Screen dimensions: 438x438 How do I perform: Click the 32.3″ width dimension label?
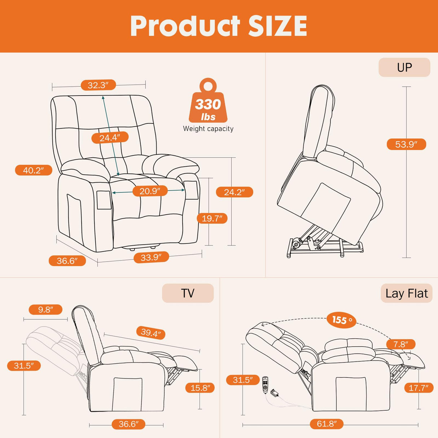click(x=98, y=85)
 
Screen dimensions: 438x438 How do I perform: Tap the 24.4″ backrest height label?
click(x=110, y=137)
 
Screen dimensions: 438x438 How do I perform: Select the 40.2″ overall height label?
click(x=34, y=170)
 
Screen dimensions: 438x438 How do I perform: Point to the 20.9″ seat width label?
click(x=149, y=191)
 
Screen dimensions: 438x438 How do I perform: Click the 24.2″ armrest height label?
click(x=234, y=192)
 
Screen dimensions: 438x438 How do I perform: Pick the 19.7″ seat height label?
click(x=212, y=218)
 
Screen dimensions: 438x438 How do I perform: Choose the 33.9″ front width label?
click(x=151, y=257)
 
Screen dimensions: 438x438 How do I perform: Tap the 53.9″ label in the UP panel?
click(x=406, y=144)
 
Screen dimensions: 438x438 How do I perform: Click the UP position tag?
click(x=404, y=67)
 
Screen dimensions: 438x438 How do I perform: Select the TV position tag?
click(x=188, y=293)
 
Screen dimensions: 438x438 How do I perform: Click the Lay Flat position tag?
click(x=406, y=293)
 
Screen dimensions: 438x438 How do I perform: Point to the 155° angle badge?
click(x=342, y=320)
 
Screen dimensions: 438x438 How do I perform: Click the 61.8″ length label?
click(x=327, y=424)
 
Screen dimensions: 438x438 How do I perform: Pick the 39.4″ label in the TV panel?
click(x=151, y=332)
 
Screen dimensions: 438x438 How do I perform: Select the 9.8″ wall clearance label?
click(x=45, y=310)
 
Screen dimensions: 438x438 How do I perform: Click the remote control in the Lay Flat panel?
click(x=265, y=385)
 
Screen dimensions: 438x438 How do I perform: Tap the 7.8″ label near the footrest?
click(x=400, y=344)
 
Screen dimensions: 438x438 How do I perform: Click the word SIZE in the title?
click(x=277, y=26)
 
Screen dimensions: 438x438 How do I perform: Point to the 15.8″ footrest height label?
click(x=200, y=388)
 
